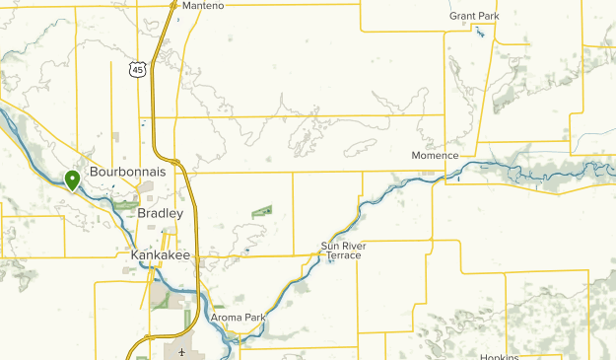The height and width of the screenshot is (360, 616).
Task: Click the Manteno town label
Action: pyautogui.click(x=202, y=6)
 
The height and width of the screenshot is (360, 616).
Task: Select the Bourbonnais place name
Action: pyautogui.click(x=126, y=172)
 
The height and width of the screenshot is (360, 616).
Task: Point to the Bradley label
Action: pyautogui.click(x=161, y=213)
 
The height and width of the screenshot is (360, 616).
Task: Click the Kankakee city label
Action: pyautogui.click(x=160, y=255)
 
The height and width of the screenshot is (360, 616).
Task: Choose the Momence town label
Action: pyautogui.click(x=435, y=156)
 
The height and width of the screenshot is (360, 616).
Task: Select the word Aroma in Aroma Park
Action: pyautogui.click(x=226, y=318)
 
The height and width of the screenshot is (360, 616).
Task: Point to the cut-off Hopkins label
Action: pyautogui.click(x=500, y=356)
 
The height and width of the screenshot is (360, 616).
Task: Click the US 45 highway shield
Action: pyautogui.click(x=137, y=68)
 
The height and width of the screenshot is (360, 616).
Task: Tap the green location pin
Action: pyautogui.click(x=72, y=180)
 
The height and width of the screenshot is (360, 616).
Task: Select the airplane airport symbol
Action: pyautogui.click(x=181, y=352)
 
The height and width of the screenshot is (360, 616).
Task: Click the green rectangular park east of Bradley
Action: pyautogui.click(x=262, y=211)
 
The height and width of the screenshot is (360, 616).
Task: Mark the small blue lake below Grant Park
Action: pyautogui.click(x=480, y=33)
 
